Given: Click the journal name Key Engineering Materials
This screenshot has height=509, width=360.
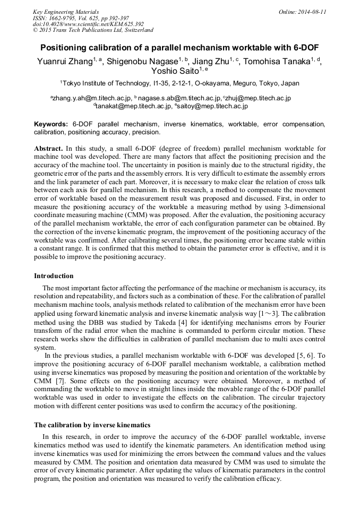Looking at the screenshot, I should point(65,11).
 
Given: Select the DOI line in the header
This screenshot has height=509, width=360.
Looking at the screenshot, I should point(88,24).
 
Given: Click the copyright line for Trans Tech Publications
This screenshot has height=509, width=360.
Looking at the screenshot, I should point(93,30).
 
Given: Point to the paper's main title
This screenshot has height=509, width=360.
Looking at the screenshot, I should point(179,47).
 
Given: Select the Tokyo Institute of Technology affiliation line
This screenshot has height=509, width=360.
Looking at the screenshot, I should point(179,83).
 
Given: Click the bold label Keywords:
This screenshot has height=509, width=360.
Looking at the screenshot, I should point(51,124).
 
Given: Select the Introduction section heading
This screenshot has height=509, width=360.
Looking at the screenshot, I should point(54,276).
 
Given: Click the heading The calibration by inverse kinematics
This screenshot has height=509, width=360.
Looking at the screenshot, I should point(92,425).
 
